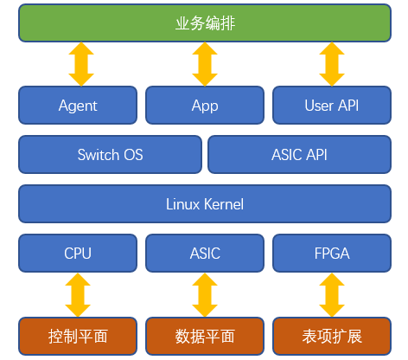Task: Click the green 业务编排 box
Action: point(205,23)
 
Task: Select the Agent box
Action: point(78,105)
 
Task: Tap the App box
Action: point(205,105)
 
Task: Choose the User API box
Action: point(332,105)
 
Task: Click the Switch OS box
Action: point(110,154)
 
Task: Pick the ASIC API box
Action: point(299,154)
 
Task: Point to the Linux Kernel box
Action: point(205,203)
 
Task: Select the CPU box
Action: point(78,253)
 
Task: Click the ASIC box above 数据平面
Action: point(205,253)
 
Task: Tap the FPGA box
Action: point(332,253)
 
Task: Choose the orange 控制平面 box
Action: point(78,336)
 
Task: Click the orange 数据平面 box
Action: point(205,336)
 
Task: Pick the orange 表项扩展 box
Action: point(332,336)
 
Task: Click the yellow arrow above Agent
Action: point(81,64)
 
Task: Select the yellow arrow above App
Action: point(205,64)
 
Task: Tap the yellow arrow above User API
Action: point(332,64)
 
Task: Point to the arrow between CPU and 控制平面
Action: point(78,295)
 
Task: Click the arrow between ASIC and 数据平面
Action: point(205,295)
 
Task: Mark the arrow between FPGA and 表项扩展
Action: point(332,295)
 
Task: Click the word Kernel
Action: point(224,204)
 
